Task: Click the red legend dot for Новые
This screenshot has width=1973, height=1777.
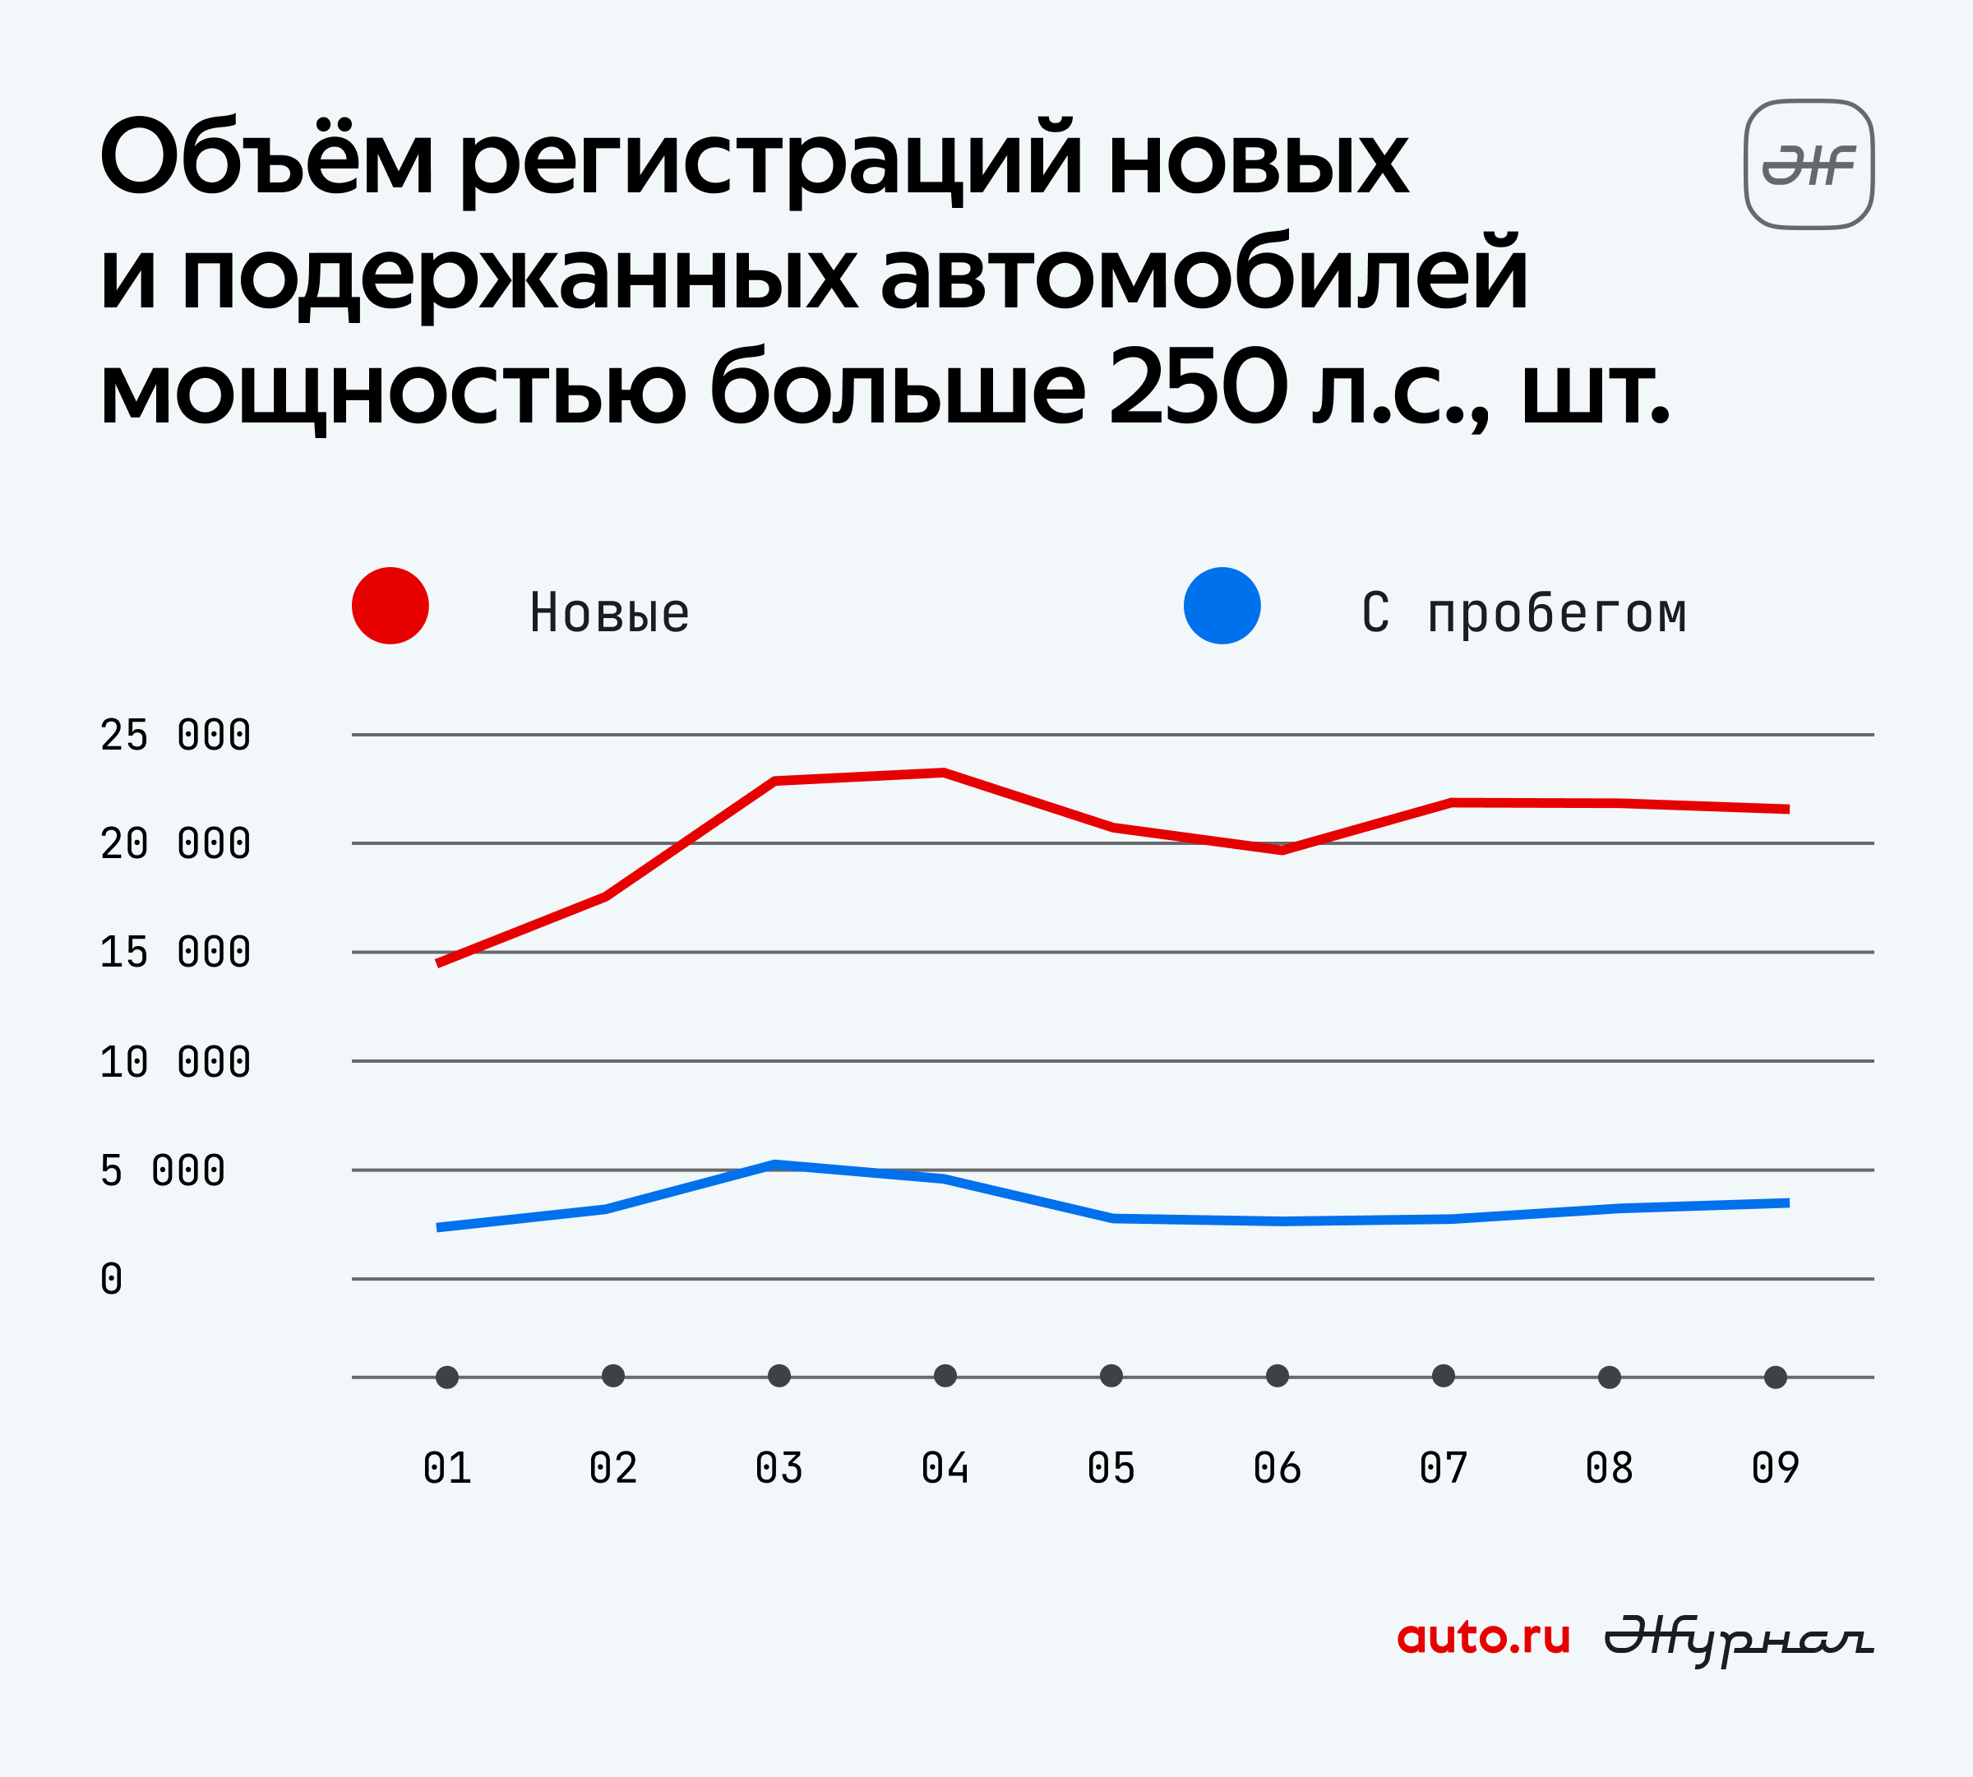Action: [x=390, y=606]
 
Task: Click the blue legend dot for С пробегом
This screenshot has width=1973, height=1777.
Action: [x=1222, y=606]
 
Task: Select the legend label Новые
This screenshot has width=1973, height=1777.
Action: [x=609, y=613]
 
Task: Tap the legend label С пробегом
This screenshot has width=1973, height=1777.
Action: [x=1523, y=614]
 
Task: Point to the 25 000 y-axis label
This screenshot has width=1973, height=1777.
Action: [x=176, y=735]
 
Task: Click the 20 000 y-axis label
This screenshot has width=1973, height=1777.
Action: [x=176, y=843]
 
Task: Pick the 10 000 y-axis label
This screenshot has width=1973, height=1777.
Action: [x=176, y=1062]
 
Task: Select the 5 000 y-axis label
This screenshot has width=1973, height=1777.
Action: [x=163, y=1170]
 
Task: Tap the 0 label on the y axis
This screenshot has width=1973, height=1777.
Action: [x=111, y=1279]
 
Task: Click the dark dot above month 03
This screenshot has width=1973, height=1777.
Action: [x=779, y=1376]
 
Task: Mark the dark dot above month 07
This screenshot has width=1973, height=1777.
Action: [x=1444, y=1376]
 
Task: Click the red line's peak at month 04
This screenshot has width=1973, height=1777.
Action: [x=945, y=773]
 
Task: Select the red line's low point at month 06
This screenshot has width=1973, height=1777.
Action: [x=1282, y=849]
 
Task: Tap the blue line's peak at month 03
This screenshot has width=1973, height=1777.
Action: [x=774, y=1164]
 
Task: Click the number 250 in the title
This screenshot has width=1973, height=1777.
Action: [x=1199, y=389]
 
